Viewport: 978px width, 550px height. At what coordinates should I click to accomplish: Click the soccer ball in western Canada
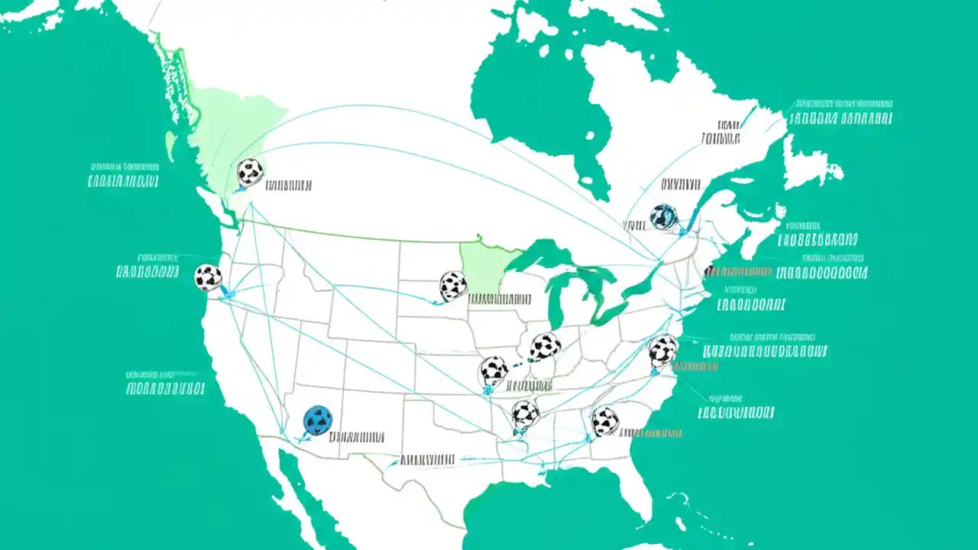250,172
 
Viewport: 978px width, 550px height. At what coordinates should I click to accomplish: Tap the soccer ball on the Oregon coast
208,277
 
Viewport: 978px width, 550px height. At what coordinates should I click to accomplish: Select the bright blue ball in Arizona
318,419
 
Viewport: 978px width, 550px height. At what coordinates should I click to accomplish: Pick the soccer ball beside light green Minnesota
453,286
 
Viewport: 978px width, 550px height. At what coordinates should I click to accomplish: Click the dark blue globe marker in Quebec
663,217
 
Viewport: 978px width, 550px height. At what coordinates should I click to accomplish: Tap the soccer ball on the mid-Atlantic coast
662,351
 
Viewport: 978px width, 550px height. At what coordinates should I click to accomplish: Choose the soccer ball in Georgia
604,421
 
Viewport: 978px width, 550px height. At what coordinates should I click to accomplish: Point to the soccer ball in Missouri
494,370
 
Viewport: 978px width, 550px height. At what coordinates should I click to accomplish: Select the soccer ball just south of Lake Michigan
545,347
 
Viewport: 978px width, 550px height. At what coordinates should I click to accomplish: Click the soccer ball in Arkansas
525,414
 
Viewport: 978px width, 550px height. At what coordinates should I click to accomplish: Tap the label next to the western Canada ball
288,185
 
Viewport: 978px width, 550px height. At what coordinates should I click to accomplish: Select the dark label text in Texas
428,460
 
